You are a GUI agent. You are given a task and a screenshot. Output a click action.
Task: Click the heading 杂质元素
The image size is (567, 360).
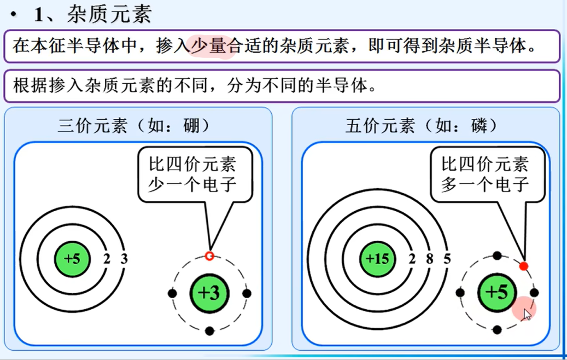coord(109,15)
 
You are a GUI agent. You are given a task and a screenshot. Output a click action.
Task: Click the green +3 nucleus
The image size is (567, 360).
coord(209,294)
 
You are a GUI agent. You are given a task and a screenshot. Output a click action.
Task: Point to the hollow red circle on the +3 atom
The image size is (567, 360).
coord(209,256)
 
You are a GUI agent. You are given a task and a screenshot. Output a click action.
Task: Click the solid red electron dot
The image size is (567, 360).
coord(523,266)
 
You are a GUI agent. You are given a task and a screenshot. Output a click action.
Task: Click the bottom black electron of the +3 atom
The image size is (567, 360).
coord(209,330)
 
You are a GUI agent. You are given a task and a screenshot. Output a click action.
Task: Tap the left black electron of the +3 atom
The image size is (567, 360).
coord(173,293)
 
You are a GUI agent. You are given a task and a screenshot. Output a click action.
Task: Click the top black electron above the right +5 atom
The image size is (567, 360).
coord(497,256)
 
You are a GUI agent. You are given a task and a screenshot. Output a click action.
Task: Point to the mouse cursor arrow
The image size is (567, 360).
coord(526,313)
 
